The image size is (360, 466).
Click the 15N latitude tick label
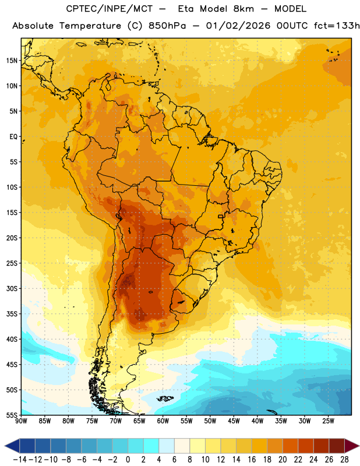(x=12, y=61)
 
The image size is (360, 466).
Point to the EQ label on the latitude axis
(x=13, y=137)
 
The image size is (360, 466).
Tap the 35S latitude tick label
(x=12, y=314)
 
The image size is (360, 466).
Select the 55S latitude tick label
(x=12, y=415)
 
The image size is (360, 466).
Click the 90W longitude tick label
(x=21, y=421)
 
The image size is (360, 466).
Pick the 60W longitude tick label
(x=163, y=421)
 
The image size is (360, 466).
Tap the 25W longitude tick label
(x=328, y=421)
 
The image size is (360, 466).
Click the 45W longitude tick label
(x=234, y=421)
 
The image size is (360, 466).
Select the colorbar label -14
(x=20, y=460)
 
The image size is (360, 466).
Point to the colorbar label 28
(x=344, y=460)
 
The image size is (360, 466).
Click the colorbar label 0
(x=128, y=460)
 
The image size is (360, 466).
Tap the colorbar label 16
(x=252, y=460)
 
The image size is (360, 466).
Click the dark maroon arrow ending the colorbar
(x=352, y=446)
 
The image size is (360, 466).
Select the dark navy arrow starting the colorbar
(x=12, y=446)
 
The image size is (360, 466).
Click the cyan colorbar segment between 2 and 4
(x=151, y=446)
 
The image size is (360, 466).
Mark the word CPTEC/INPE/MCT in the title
(x=110, y=9)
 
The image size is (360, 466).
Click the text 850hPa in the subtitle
(x=167, y=26)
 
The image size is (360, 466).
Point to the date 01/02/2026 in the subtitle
(x=238, y=26)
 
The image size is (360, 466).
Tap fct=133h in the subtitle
(x=337, y=26)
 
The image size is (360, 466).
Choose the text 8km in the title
(x=243, y=9)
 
